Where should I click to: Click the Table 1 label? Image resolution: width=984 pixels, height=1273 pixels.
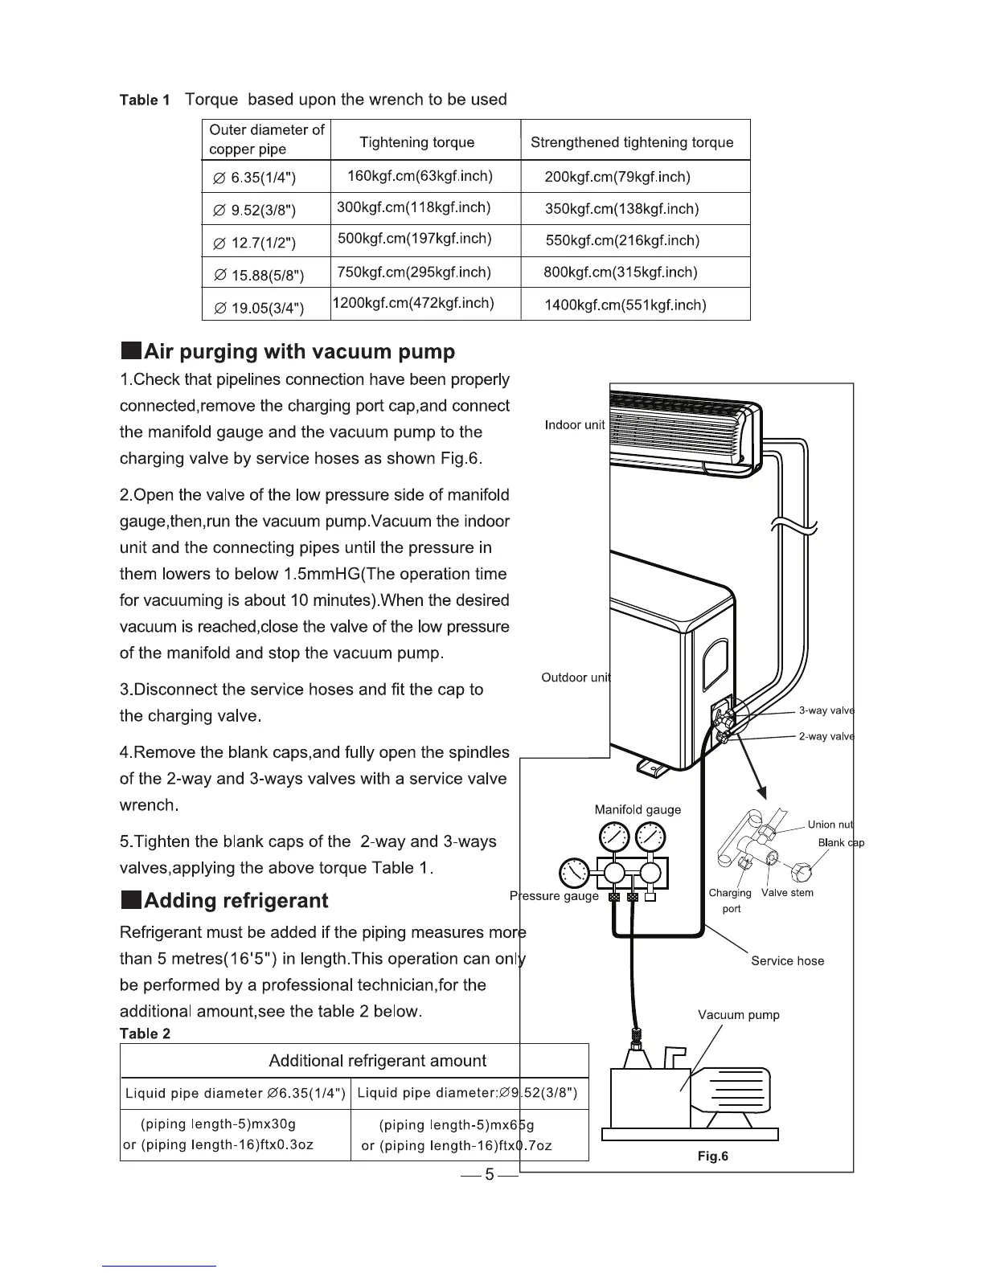145,100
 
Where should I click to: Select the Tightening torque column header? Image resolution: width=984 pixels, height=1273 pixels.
416,142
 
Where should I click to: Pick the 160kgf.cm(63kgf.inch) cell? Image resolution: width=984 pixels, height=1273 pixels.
420,176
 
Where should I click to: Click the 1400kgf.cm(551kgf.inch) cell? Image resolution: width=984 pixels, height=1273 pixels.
625,305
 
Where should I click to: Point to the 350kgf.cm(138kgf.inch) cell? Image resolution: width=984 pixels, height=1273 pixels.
621,209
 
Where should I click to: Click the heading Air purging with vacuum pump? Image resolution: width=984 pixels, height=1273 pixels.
288,352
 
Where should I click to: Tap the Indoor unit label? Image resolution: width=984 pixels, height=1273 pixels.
574,425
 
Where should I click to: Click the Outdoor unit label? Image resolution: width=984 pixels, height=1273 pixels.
576,677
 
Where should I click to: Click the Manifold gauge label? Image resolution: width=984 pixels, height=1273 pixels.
638,809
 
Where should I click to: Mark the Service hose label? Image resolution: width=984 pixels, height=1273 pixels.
787,961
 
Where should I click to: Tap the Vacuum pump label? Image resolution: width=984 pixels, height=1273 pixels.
738,1015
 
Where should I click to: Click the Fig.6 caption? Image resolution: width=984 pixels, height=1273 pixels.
713,1156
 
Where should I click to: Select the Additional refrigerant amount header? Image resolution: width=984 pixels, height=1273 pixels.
377,1061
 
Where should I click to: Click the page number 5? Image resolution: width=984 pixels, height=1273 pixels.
488,1175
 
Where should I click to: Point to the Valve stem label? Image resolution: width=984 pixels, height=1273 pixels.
787,893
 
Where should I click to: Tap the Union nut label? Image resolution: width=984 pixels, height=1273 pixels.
830,825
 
